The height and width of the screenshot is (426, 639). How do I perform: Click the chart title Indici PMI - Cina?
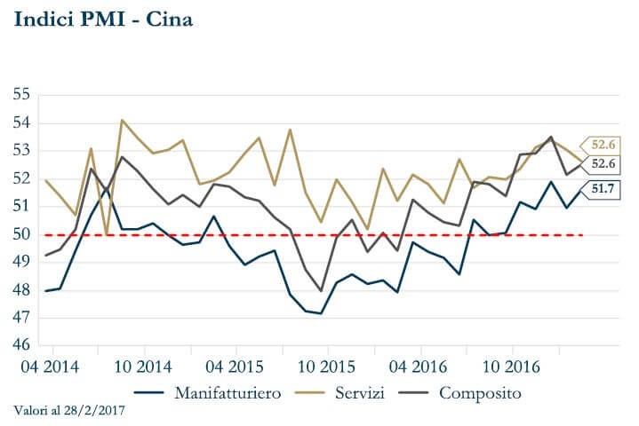tap(103, 19)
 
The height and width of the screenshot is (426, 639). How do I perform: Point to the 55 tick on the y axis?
tap(22, 94)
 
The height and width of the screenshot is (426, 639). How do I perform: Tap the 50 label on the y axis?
tap(22, 234)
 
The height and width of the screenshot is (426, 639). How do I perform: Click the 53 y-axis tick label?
tap(22, 150)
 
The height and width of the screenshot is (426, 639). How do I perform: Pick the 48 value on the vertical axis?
tap(22, 290)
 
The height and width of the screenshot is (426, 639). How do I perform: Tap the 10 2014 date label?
tap(143, 366)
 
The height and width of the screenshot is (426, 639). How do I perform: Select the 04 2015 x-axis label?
tap(236, 366)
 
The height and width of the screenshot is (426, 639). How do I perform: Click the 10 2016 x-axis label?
tap(510, 366)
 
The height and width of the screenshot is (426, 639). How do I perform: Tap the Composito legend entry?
tap(480, 392)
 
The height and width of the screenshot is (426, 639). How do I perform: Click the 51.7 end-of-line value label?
tap(602, 188)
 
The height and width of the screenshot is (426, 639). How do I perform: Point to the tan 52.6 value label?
tap(602, 144)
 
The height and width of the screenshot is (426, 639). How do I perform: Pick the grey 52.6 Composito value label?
tap(602, 164)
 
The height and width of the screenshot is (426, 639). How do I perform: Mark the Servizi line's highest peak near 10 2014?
tap(123, 120)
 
